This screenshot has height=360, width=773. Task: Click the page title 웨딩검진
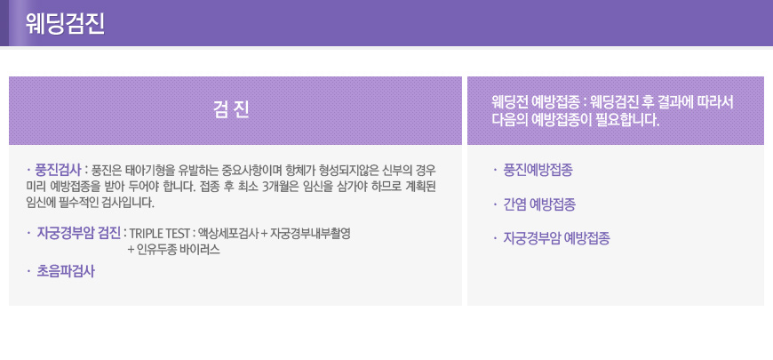[65, 24]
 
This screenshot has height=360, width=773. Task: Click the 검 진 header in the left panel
[231, 110]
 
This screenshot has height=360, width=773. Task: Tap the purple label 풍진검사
[58, 171]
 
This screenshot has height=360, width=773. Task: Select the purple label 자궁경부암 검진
[79, 233]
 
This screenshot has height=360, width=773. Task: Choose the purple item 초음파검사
[66, 271]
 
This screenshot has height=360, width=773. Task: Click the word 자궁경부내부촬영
[311, 234]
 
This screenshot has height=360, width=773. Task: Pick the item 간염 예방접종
[538, 204]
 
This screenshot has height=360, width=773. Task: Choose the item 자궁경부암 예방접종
[556, 239]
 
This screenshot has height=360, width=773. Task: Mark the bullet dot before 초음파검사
[28, 271]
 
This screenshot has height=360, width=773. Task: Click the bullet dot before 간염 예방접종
[495, 204]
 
